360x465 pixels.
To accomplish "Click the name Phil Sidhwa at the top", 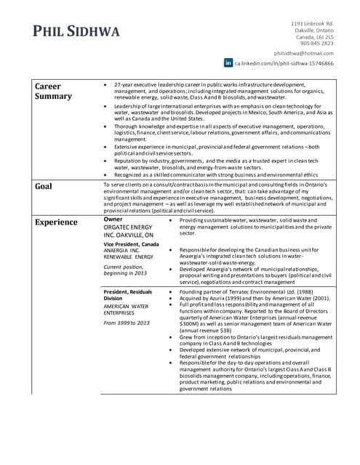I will [x=76, y=32].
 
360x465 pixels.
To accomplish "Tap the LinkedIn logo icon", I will [x=228, y=63].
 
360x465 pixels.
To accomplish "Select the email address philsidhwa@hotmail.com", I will [x=304, y=53].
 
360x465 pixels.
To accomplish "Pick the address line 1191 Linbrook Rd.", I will [x=312, y=24].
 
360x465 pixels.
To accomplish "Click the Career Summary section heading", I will [x=53, y=91].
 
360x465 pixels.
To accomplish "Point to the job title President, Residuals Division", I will [x=127, y=295].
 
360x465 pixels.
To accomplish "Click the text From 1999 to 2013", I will [x=127, y=323].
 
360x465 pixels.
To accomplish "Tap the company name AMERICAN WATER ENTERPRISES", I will [x=128, y=310].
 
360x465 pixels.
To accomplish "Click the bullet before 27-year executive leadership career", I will [x=107, y=84].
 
